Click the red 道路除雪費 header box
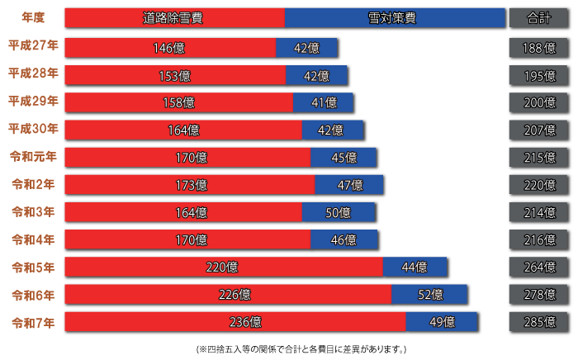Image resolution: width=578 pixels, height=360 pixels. [x=174, y=18]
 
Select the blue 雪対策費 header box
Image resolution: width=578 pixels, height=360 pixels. [x=395, y=18]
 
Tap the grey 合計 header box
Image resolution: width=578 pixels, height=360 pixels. [x=539, y=18]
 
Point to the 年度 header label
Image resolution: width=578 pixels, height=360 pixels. [x=33, y=18]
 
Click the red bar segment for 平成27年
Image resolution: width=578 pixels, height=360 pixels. [x=169, y=48]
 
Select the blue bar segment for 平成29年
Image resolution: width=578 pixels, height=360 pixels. [x=324, y=103]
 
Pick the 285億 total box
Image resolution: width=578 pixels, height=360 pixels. [x=539, y=322]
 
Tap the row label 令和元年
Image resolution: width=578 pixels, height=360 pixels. [x=33, y=157]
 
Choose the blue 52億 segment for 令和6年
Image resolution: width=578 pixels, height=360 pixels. [x=429, y=295]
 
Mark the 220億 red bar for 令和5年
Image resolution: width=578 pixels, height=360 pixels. [x=223, y=268]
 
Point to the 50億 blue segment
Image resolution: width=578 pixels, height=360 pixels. [x=339, y=212]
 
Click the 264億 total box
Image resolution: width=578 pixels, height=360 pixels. [x=539, y=268]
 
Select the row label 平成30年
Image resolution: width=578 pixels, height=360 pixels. [x=33, y=130]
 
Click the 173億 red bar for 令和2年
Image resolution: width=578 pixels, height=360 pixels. [x=189, y=185]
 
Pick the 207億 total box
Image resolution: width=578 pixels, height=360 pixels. [x=539, y=130]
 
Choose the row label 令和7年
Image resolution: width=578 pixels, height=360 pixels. [x=33, y=322]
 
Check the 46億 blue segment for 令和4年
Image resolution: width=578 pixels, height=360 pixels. [x=344, y=240]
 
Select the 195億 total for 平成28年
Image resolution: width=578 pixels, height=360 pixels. [x=539, y=76]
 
